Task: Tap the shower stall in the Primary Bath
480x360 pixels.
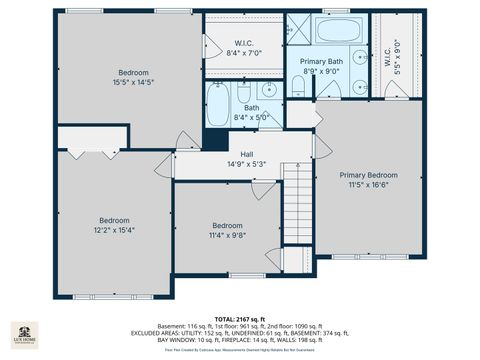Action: coord(299,27)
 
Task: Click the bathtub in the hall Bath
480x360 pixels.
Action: coord(219,102)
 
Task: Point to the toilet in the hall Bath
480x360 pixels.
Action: coord(242,94)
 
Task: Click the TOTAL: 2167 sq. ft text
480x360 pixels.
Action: coord(244,318)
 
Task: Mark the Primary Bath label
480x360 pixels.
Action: coord(321,61)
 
